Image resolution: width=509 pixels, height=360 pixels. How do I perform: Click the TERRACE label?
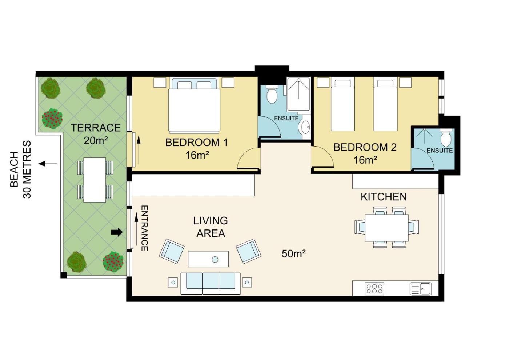95,128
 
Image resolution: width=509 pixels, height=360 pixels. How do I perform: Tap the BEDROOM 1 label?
196,143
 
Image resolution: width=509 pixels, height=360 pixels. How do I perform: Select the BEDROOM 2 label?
365,147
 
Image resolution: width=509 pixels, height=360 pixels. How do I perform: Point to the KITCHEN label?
384,197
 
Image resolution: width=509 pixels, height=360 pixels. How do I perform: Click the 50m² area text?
293,253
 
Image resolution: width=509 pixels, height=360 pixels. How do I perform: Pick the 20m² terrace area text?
95,141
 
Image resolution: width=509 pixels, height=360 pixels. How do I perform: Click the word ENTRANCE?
145,228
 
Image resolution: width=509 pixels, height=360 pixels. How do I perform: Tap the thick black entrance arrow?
117,232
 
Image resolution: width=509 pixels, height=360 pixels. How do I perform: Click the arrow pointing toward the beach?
48,163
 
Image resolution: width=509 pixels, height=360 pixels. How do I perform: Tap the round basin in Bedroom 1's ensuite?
305,128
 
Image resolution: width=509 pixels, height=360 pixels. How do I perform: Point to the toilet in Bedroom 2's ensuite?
446,138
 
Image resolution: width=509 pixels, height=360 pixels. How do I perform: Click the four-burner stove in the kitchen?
374,289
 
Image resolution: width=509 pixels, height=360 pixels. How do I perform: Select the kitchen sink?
421,289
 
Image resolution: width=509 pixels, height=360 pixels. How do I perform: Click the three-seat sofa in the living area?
211,283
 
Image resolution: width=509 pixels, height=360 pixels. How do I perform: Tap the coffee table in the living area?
208,259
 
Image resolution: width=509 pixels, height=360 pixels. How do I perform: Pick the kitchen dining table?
387,228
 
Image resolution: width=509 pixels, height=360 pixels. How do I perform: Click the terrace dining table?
95,180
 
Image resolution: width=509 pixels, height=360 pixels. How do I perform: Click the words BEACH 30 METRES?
20,169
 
